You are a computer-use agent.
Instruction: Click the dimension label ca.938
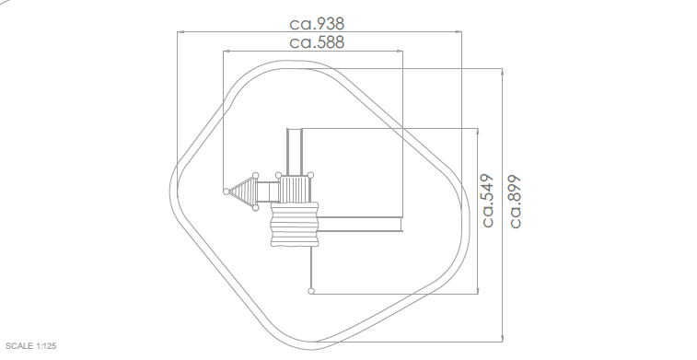(x=317, y=24)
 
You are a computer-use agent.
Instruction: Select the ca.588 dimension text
(x=317, y=42)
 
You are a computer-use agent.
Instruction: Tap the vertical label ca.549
(x=488, y=201)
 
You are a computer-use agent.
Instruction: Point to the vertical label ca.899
(x=515, y=202)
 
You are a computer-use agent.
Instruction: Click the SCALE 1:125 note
(x=31, y=346)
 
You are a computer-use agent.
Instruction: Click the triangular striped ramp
(x=244, y=192)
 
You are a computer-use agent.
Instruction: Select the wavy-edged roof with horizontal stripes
(x=295, y=224)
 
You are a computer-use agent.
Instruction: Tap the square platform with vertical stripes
(x=295, y=189)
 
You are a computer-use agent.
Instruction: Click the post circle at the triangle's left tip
(x=227, y=192)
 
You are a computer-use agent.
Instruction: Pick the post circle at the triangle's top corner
(x=256, y=176)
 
